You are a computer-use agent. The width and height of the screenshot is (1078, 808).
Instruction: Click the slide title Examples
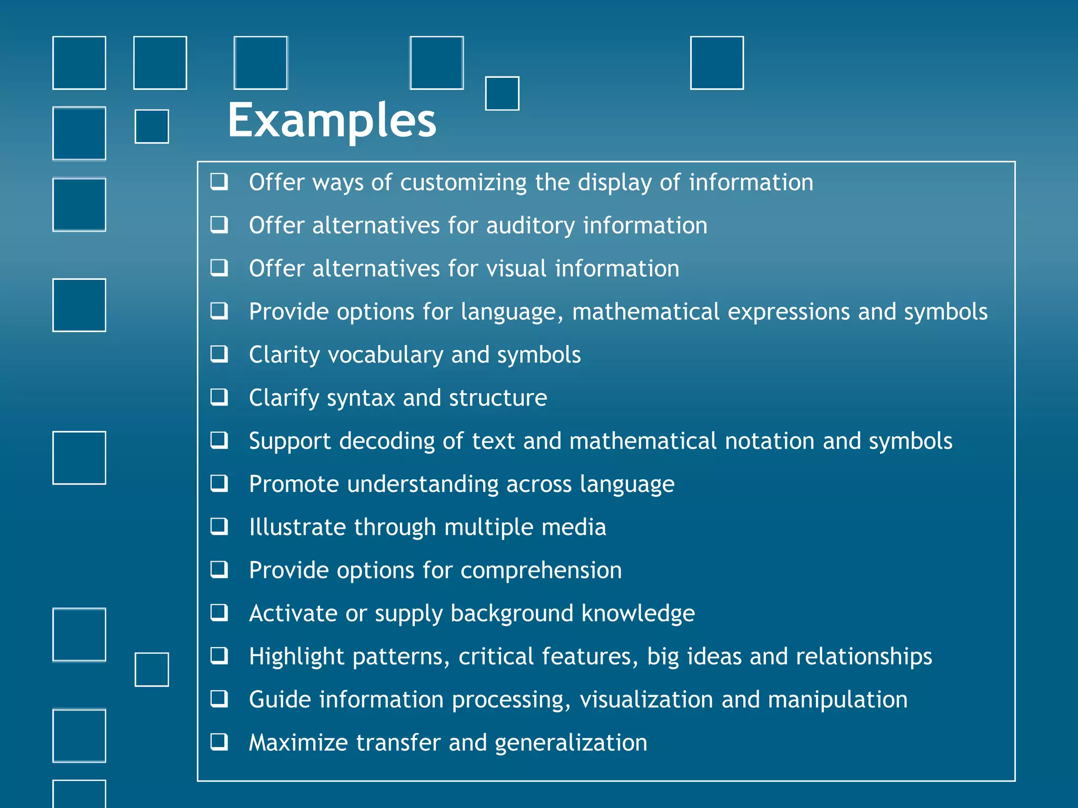[x=332, y=121]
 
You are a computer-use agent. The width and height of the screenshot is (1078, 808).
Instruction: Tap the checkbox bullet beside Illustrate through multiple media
[x=219, y=527]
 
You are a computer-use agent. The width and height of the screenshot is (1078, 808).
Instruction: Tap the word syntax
[x=361, y=398]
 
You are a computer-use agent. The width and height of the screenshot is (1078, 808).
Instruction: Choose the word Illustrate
[x=297, y=527]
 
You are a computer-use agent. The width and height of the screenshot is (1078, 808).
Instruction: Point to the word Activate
[x=293, y=613]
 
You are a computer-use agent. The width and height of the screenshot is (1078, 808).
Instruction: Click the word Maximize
[x=298, y=743]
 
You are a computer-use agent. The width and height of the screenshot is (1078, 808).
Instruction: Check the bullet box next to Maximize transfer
[x=219, y=742]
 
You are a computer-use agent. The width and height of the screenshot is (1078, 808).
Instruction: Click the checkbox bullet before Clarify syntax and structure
[x=219, y=397]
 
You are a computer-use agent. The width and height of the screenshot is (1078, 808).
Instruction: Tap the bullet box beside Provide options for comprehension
[x=219, y=570]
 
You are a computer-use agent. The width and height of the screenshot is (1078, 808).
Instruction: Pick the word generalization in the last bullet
[x=571, y=743]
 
